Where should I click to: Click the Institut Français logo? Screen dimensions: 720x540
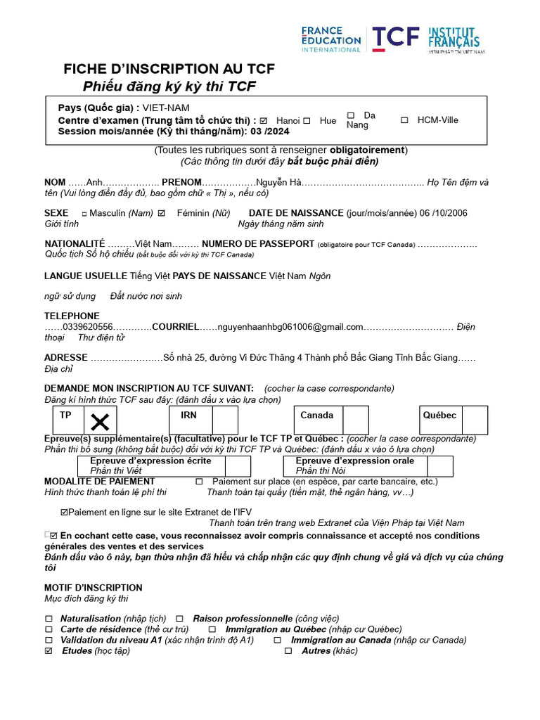pos(454,39)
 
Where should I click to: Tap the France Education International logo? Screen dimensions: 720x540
pos(330,39)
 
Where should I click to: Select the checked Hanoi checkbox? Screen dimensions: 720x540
pos(264,121)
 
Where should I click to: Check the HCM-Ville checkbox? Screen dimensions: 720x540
pos(404,120)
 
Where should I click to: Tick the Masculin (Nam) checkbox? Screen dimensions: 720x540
pos(84,214)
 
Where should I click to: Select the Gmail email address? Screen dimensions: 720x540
pos(290,327)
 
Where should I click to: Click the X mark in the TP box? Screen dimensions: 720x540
pos(101,422)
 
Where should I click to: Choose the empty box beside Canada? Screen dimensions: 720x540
pos(355,420)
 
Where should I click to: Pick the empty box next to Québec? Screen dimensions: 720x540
pos(475,420)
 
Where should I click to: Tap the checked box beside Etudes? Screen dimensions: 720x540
pos(49,651)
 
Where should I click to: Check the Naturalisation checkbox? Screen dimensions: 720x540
pos(49,619)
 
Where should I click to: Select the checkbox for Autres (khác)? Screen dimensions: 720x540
pos(288,651)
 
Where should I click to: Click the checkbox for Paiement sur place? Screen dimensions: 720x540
pos(199,482)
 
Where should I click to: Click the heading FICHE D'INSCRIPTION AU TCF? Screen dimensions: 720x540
pos(169,69)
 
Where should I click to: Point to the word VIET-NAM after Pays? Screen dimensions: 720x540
pos(166,108)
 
